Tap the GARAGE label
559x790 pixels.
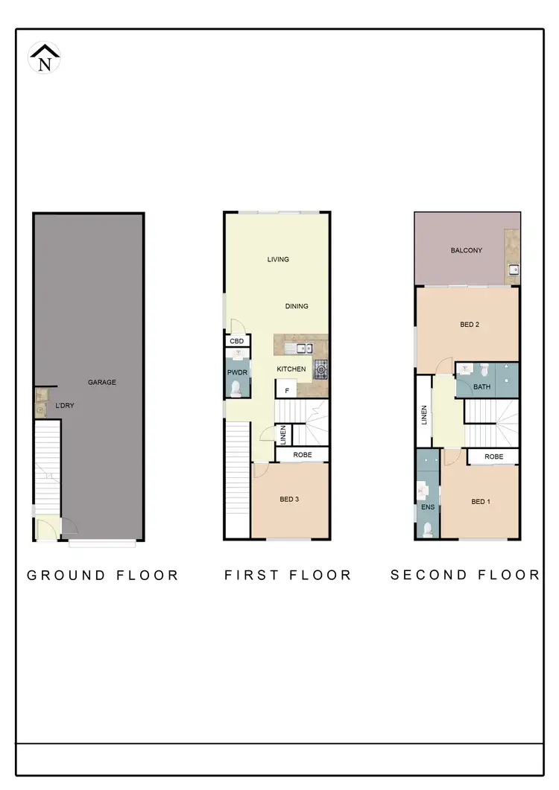click(x=102, y=383)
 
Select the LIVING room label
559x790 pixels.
click(x=278, y=260)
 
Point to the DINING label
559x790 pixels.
click(x=297, y=306)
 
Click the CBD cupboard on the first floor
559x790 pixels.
click(x=237, y=341)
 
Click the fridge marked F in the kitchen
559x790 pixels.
click(x=287, y=388)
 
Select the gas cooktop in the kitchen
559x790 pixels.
click(x=321, y=367)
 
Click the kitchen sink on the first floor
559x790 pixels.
click(x=303, y=348)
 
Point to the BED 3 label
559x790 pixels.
click(x=289, y=500)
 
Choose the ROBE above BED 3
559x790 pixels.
click(x=302, y=454)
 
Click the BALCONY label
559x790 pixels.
click(x=467, y=251)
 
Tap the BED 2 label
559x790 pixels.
click(x=469, y=325)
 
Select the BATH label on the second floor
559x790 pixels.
click(x=481, y=387)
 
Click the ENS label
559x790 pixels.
click(x=428, y=508)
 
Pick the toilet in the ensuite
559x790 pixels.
click(x=427, y=529)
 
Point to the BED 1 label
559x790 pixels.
click(x=481, y=502)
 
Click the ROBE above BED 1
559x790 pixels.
click(x=493, y=456)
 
